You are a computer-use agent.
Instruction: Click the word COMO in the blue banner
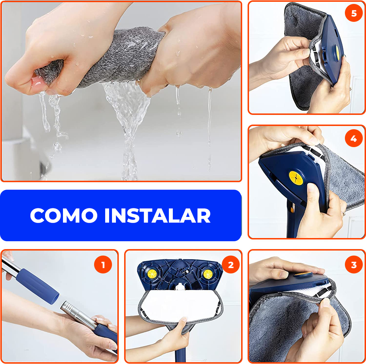(64, 215)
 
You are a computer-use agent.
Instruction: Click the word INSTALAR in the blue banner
(157, 215)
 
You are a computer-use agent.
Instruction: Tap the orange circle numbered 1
(103, 264)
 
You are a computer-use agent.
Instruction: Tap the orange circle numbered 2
(231, 264)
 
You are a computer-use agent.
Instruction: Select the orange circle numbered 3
(353, 264)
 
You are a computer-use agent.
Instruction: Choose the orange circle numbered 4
(353, 138)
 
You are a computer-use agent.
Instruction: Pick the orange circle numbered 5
(353, 13)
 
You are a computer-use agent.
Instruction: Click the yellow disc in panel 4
(296, 178)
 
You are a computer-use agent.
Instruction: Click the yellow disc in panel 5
(337, 52)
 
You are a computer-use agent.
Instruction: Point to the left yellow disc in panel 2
(152, 273)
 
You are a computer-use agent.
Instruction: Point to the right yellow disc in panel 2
(208, 274)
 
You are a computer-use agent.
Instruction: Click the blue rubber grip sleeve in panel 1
(37, 286)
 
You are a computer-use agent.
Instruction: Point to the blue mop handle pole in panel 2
(180, 350)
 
